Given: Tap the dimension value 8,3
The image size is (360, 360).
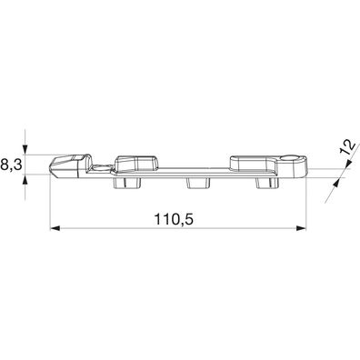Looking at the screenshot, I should [11, 165].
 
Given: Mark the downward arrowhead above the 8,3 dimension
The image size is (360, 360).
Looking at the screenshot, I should [27, 151].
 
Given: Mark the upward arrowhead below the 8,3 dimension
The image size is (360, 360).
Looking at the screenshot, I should [27, 179].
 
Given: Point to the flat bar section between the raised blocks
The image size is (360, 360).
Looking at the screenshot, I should [195, 169].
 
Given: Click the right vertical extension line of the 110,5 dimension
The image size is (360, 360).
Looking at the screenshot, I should [310, 205].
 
